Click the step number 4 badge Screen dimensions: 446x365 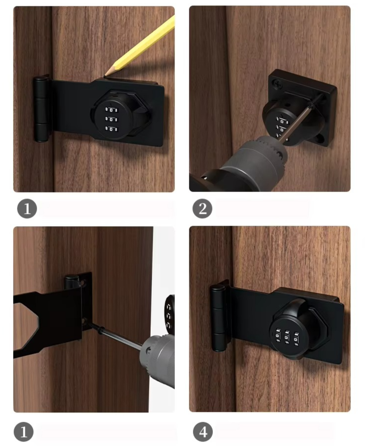click(x=203, y=432)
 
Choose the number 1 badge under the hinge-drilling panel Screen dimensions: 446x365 click(x=24, y=432)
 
